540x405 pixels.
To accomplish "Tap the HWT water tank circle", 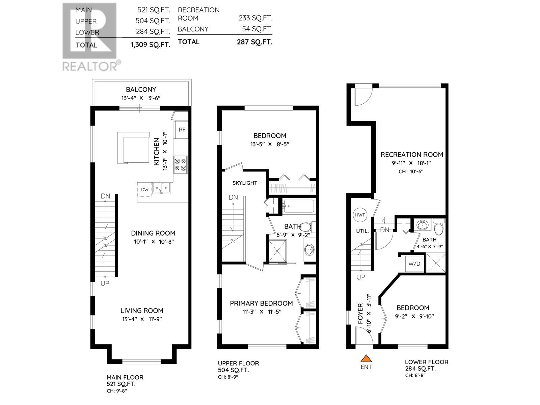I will [359, 215].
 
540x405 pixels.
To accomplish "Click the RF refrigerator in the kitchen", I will [182, 130].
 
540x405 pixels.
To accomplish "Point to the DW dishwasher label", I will [144, 190].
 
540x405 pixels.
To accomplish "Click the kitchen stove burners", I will [181, 164].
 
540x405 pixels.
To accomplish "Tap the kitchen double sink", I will [161, 188].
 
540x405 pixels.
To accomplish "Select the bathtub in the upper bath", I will [299, 206].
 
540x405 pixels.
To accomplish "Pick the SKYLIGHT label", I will [245, 183].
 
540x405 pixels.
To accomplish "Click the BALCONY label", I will [141, 89].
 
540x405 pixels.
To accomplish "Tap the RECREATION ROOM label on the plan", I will [412, 155].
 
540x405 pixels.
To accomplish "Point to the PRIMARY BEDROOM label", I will [261, 303].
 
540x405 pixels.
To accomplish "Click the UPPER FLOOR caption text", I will [238, 363].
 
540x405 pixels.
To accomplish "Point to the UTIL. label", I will [362, 231].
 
